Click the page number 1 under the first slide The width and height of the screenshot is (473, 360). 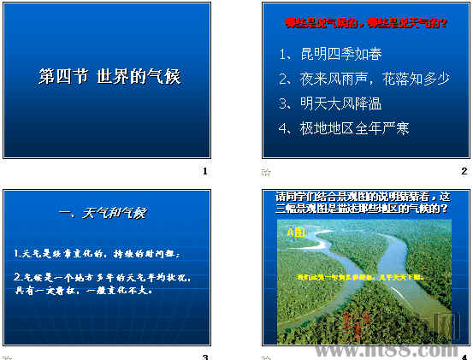click(205, 172)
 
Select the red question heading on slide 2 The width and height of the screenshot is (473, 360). click(365, 23)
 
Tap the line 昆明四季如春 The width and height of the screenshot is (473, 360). click(330, 55)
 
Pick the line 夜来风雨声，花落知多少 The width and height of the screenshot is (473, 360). click(364, 79)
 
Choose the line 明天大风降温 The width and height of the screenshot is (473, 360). click(330, 103)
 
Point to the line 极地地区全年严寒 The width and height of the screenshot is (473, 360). click(344, 128)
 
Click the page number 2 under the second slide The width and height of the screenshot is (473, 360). click(464, 172)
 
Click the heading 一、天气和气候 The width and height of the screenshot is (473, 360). click(103, 212)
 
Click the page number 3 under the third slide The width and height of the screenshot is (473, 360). click(205, 357)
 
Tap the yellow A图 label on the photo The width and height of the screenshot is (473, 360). click(295, 232)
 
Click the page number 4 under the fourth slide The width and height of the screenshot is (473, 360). click(464, 357)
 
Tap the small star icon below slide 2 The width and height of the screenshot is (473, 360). click(265, 173)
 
